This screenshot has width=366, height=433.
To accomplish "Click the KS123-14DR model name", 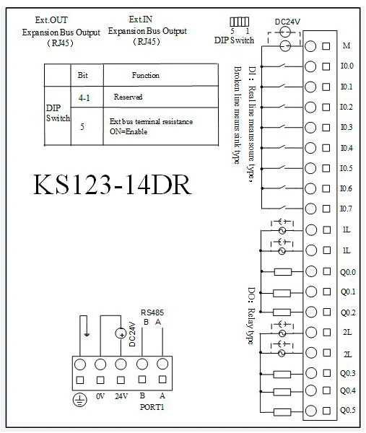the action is click(x=112, y=185).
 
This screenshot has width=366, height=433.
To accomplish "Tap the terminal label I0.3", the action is click(x=347, y=127).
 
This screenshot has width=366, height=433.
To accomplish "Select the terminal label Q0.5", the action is click(x=348, y=411).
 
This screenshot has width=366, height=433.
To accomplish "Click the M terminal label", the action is click(x=347, y=45).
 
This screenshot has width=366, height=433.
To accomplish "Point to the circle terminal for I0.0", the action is click(x=310, y=66).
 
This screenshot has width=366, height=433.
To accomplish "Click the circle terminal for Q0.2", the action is click(x=311, y=312).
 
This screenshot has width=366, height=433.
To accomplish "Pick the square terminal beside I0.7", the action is click(x=326, y=209).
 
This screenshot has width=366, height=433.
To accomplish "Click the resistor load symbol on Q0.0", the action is click(x=283, y=272).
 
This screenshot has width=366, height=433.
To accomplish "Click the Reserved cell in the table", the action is click(x=128, y=97).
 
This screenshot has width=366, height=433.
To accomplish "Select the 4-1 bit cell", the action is click(x=84, y=97).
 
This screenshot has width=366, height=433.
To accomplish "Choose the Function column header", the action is click(x=146, y=75).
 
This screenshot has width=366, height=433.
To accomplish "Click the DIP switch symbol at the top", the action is click(x=240, y=22).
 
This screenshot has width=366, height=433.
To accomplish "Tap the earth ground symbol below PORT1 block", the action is click(x=80, y=400).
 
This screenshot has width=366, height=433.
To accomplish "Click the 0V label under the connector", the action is click(x=100, y=396).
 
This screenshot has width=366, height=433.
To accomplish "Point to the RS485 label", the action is click(x=152, y=312).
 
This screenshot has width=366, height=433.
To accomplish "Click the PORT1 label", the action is click(x=152, y=407).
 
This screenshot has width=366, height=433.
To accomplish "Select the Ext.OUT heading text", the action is click(x=51, y=20).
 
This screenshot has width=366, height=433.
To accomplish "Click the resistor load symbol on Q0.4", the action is click(x=282, y=392).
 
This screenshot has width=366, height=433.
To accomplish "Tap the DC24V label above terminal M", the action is click(x=287, y=22).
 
